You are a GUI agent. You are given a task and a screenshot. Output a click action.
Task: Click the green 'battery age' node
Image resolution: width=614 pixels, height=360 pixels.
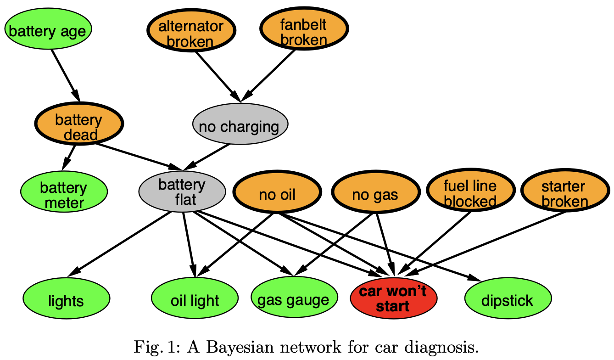[x=48, y=30]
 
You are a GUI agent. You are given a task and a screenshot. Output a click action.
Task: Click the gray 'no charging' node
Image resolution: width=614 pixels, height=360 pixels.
[x=240, y=125]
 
